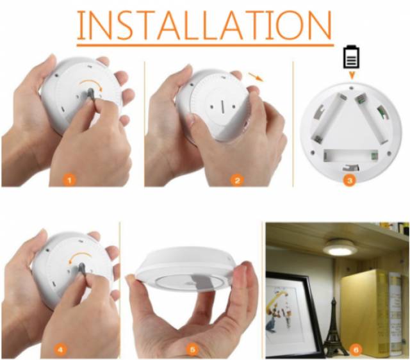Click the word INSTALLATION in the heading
coord(205,26)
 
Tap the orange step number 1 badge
coord(69,180)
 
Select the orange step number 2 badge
coord(237,181)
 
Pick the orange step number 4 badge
coord(60,350)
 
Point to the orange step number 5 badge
coord(192,350)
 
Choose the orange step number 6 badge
coord(356,350)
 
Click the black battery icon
coord(352,57)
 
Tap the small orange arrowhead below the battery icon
coord(352,76)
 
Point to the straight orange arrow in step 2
coord(256,77)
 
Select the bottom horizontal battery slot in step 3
coord(350,156)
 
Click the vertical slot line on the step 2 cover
coord(222,106)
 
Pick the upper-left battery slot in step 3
coord(329,118)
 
